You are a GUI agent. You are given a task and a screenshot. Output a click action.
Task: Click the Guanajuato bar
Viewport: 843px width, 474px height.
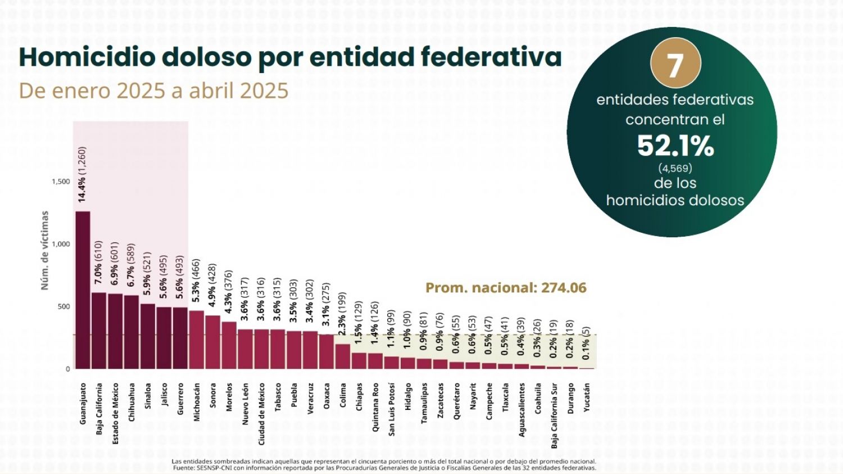click(83, 290)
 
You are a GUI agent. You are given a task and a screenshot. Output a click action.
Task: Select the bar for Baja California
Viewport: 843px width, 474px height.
click(99, 331)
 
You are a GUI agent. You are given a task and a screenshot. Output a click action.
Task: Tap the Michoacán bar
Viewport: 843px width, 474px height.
click(197, 340)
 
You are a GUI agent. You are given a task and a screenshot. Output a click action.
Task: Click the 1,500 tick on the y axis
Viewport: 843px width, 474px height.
click(61, 182)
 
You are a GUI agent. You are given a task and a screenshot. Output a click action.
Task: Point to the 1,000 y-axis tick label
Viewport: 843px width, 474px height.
click(61, 244)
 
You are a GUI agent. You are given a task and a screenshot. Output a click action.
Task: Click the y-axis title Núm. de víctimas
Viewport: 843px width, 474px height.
click(45, 251)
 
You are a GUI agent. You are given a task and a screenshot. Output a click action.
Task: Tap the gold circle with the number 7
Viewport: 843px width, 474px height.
click(676, 64)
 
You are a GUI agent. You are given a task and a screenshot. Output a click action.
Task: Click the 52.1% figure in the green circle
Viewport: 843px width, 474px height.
click(676, 146)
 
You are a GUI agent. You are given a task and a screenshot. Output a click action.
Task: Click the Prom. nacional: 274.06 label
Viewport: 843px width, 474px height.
click(506, 288)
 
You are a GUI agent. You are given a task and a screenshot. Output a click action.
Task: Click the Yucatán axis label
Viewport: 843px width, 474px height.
click(587, 398)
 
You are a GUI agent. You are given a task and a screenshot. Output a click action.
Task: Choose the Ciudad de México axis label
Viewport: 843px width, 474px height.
click(261, 414)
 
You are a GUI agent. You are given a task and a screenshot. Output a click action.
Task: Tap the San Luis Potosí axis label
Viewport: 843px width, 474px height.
click(392, 409)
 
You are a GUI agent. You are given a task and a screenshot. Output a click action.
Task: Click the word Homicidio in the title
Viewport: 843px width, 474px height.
click(87, 57)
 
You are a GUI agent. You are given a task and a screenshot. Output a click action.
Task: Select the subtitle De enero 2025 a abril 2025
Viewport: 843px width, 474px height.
click(153, 91)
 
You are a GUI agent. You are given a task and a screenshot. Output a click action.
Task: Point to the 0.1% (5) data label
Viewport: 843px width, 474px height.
click(586, 344)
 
